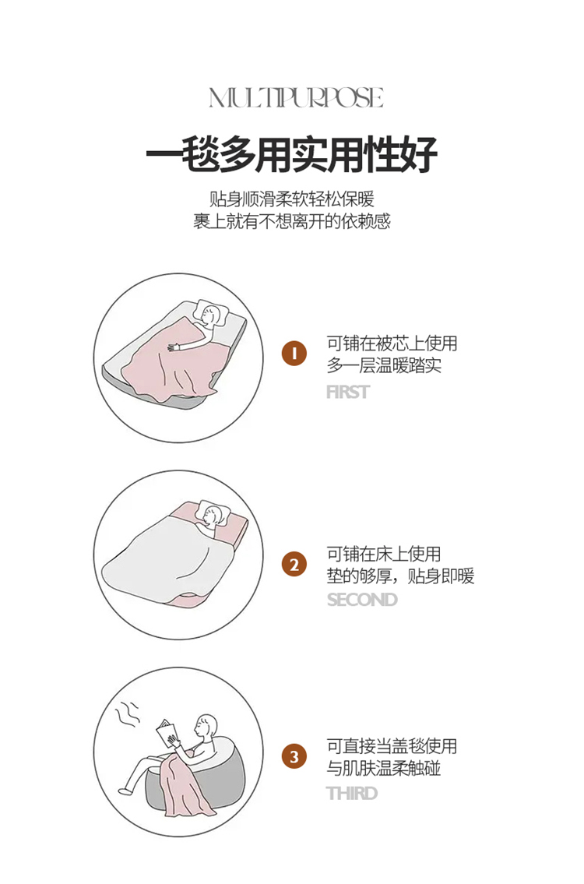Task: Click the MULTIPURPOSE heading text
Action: (x=296, y=97)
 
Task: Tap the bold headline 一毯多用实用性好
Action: (x=292, y=154)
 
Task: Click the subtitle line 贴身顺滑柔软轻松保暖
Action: (x=292, y=199)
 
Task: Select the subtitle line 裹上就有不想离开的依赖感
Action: (x=292, y=221)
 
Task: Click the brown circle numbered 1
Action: (x=294, y=354)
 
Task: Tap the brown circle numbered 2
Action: (x=294, y=565)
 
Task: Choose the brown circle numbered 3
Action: (x=294, y=756)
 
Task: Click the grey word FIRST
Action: (x=348, y=392)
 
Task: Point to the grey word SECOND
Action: (x=362, y=599)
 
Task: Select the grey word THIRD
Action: (x=352, y=793)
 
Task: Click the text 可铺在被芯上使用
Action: (x=392, y=343)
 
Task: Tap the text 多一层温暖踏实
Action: (x=384, y=365)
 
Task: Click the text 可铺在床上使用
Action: (x=384, y=554)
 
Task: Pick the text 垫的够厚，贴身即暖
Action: (x=401, y=576)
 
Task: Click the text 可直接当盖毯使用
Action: (x=392, y=746)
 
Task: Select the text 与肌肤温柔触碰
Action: (x=384, y=769)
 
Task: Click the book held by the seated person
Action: (x=168, y=734)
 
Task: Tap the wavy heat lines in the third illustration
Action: (x=127, y=714)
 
